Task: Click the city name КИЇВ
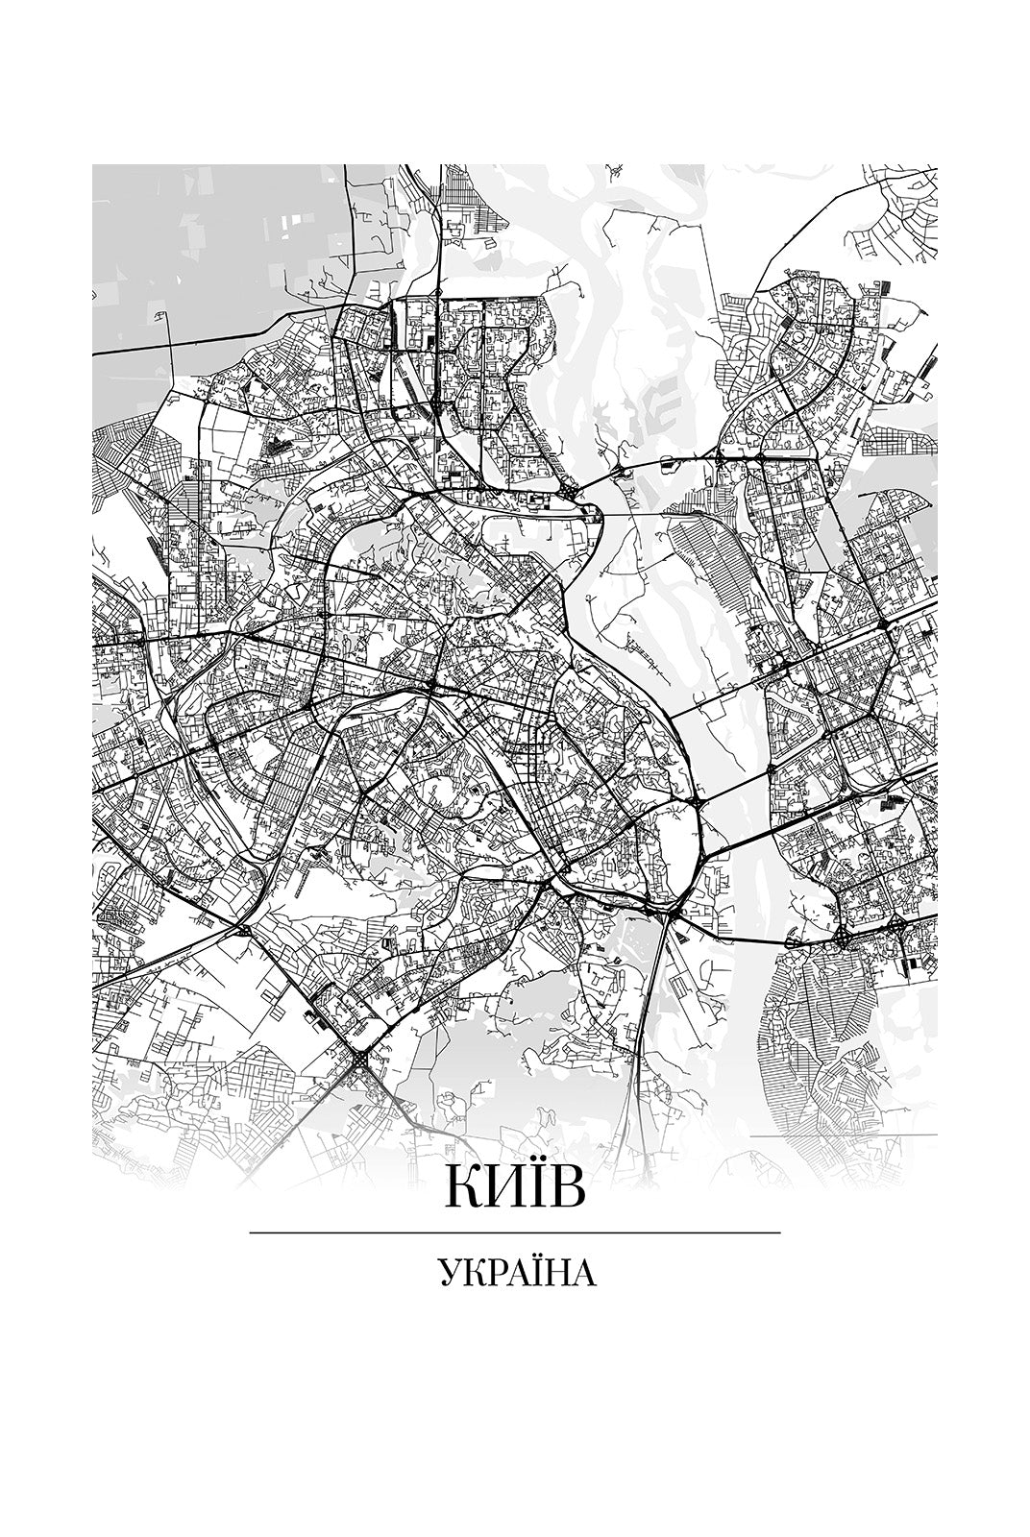(x=514, y=1188)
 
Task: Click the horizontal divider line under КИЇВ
(x=514, y=1232)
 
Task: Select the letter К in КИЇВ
(x=461, y=1188)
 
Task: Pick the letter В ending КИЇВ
(x=567, y=1188)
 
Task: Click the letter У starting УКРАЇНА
(x=449, y=1274)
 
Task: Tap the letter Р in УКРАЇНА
(x=493, y=1274)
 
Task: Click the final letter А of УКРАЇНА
(x=583, y=1274)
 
